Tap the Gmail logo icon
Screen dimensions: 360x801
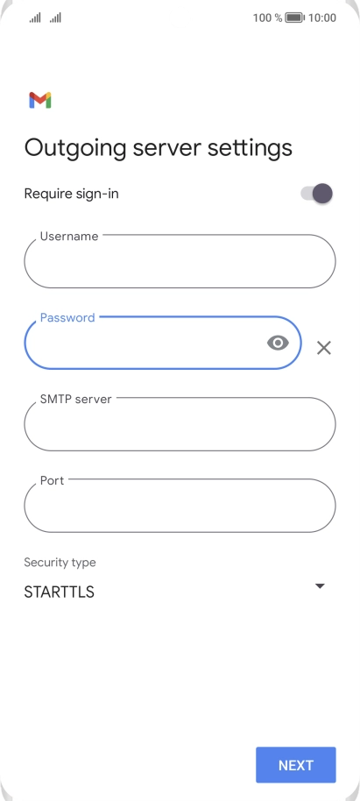click(39, 100)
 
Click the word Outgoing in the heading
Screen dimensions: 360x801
click(75, 148)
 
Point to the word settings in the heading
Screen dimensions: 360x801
click(250, 148)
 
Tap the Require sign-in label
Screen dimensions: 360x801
click(72, 195)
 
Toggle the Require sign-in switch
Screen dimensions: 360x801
click(316, 194)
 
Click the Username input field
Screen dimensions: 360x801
click(180, 261)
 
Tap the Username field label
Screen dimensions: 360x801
click(69, 236)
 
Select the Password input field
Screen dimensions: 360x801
click(163, 343)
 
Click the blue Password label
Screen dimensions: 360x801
click(67, 318)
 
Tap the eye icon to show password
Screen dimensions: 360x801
click(278, 343)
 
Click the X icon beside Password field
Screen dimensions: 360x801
click(324, 348)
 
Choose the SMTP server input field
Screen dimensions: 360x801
click(180, 424)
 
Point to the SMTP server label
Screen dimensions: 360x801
click(75, 399)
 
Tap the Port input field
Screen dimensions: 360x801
click(180, 505)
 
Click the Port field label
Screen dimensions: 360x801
click(52, 481)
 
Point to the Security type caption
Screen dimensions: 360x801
click(60, 563)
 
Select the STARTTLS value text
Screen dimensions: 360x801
click(60, 592)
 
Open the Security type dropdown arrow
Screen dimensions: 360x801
click(320, 586)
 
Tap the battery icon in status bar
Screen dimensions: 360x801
click(294, 18)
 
